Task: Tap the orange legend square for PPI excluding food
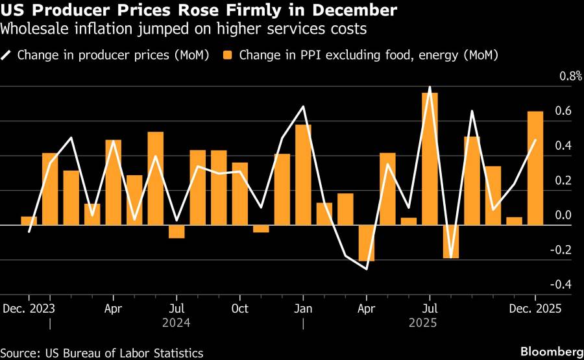click(228, 55)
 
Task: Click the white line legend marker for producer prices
click(8, 55)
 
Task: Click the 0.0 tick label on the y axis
click(561, 215)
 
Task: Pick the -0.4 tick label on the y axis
click(560, 284)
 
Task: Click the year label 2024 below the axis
click(176, 322)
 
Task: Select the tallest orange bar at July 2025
click(430, 159)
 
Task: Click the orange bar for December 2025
click(535, 168)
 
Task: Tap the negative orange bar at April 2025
click(367, 243)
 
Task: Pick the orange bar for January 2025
click(303, 174)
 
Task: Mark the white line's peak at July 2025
click(430, 87)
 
